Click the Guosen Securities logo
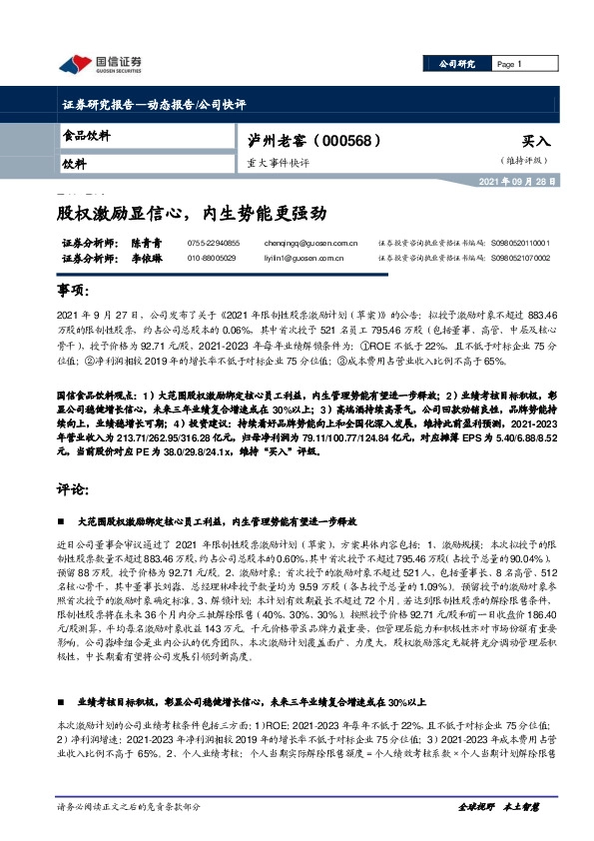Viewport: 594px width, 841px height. click(x=99, y=64)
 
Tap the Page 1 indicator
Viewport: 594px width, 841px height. click(x=510, y=64)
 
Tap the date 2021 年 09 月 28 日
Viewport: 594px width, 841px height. click(x=523, y=182)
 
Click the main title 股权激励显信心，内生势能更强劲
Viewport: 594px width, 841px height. click(x=191, y=213)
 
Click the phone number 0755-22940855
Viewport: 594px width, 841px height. click(x=213, y=243)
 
